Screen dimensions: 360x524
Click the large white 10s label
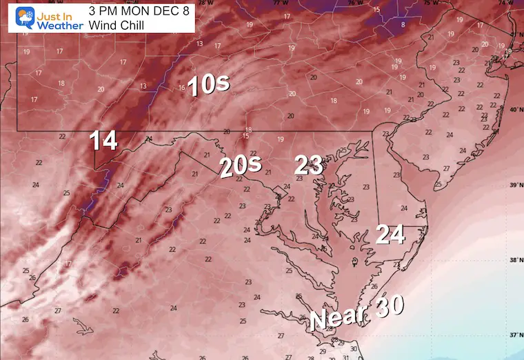point(208,85)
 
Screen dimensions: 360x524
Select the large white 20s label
point(241,166)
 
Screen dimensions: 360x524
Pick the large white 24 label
point(390,234)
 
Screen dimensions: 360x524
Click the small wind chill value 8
point(403,25)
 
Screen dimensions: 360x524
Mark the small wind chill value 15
point(376,9)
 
